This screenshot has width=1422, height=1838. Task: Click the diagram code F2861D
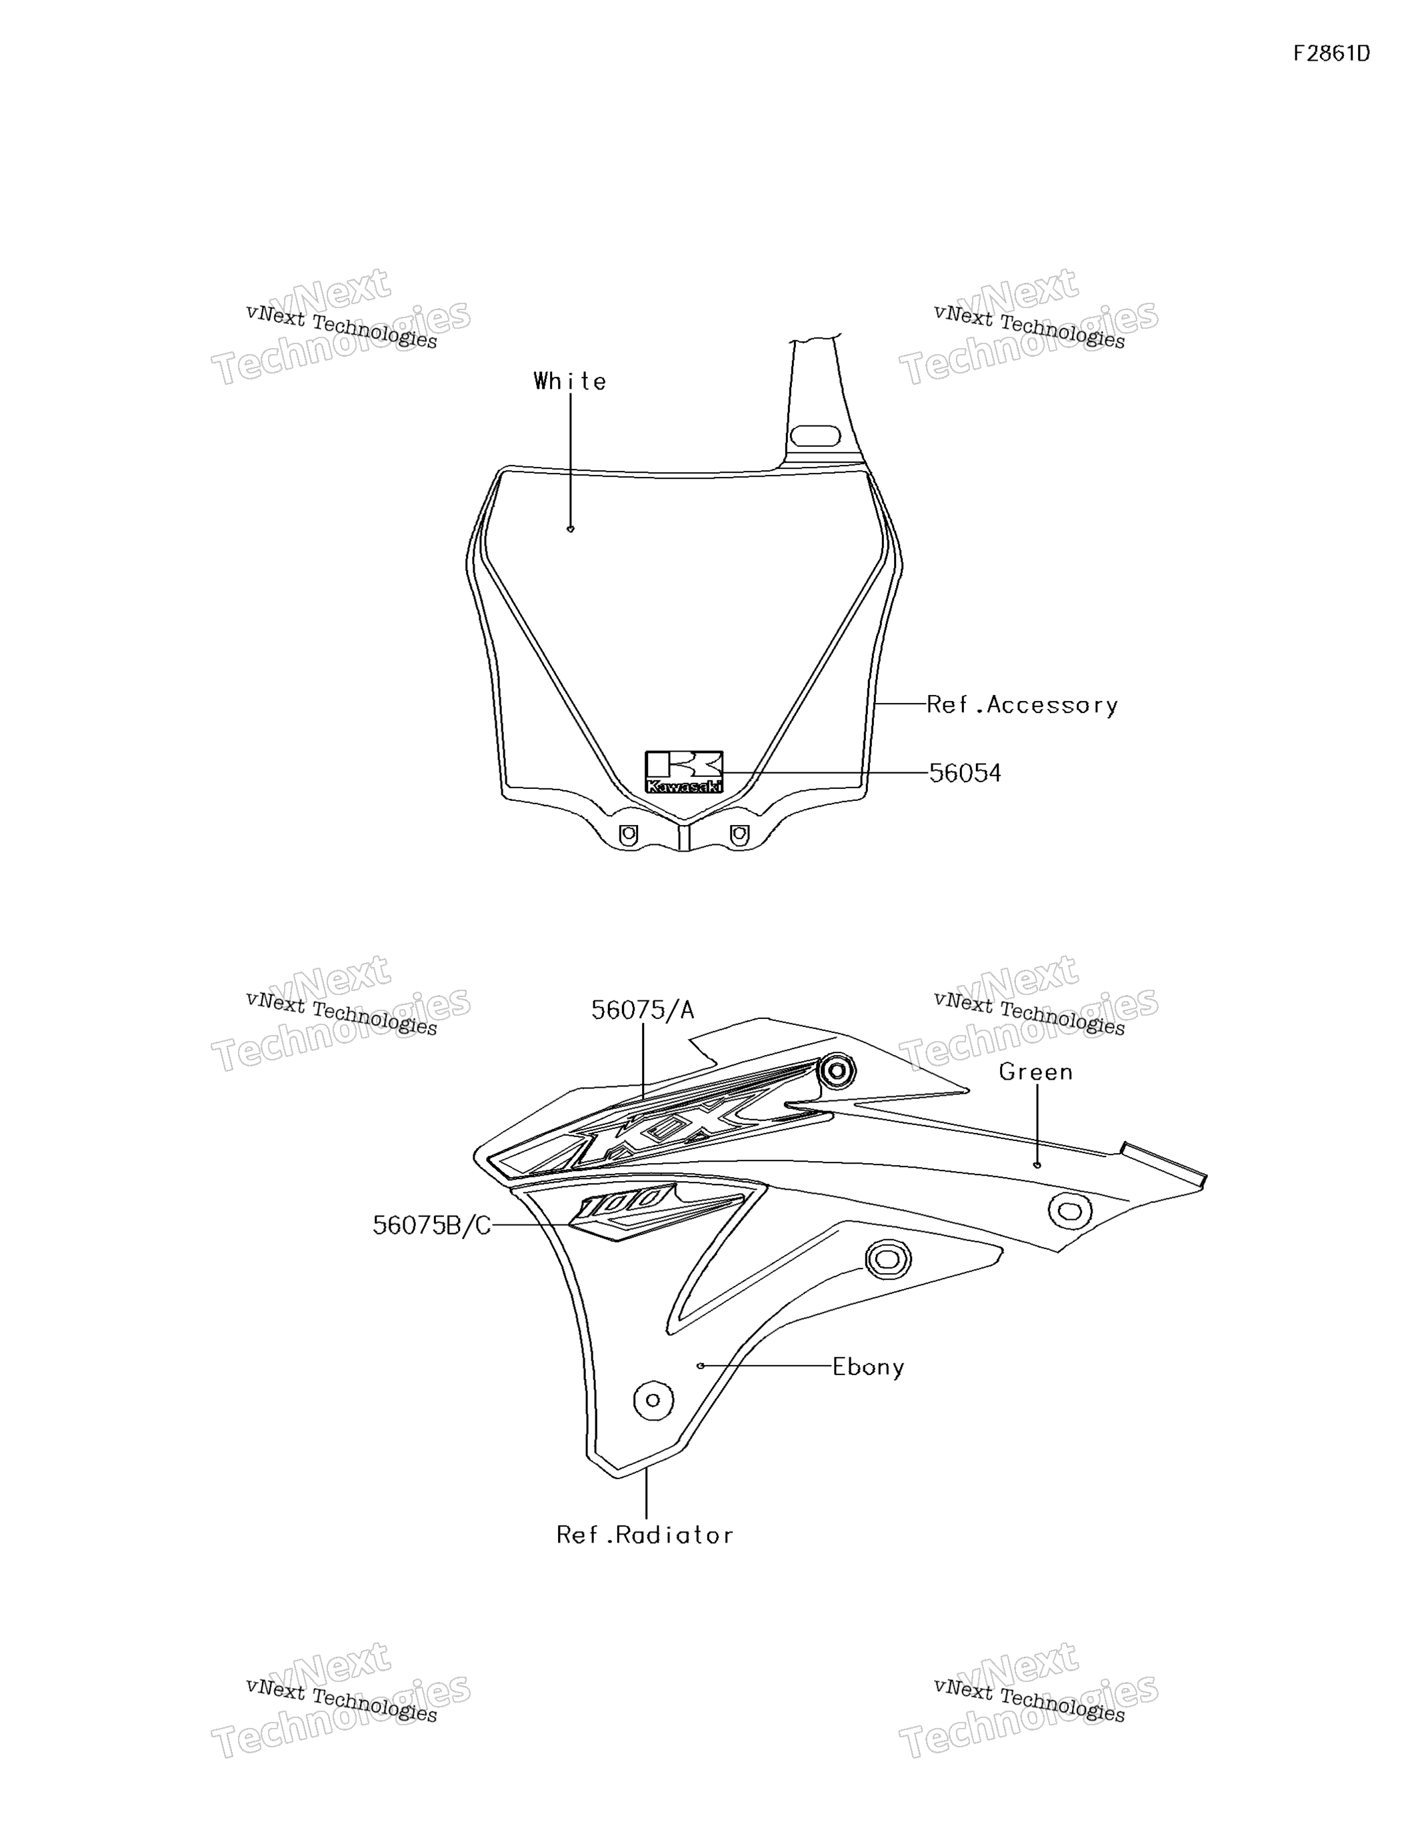pos(1331,54)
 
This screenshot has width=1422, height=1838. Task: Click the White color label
pos(569,381)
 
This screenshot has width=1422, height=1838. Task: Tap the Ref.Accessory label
pos(1022,705)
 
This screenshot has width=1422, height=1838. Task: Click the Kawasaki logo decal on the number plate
pos(684,772)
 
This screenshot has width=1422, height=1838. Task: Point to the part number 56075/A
pos(643,1010)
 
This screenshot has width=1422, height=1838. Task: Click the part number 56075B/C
pos(431,1225)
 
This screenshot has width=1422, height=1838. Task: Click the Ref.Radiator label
pos(645,1535)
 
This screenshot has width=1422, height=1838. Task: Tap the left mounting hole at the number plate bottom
pos(628,835)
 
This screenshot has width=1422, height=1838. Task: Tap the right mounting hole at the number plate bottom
pos(739,835)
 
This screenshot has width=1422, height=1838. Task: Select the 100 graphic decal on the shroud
pos(656,1212)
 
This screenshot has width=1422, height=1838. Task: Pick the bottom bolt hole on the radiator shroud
pos(653,1401)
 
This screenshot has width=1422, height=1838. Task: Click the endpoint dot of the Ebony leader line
pos(701,1366)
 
